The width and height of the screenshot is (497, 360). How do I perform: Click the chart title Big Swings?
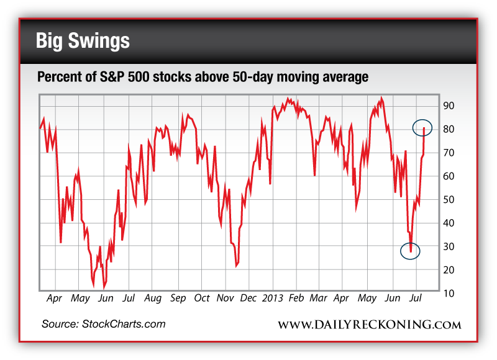[83, 41]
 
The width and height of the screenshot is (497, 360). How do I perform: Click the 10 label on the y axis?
[449, 293]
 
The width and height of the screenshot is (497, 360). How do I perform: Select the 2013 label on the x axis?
[274, 298]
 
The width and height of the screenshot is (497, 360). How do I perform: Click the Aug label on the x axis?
[153, 298]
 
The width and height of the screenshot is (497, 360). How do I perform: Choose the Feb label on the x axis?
[296, 298]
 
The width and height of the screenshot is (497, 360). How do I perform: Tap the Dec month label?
[248, 298]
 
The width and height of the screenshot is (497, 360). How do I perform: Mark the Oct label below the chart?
[201, 298]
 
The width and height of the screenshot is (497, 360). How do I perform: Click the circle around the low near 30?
[410, 251]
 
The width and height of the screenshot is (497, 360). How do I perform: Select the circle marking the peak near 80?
[423, 128]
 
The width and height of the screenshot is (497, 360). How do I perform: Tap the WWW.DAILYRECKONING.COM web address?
[369, 325]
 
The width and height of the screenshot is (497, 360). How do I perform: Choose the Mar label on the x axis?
[318, 298]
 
